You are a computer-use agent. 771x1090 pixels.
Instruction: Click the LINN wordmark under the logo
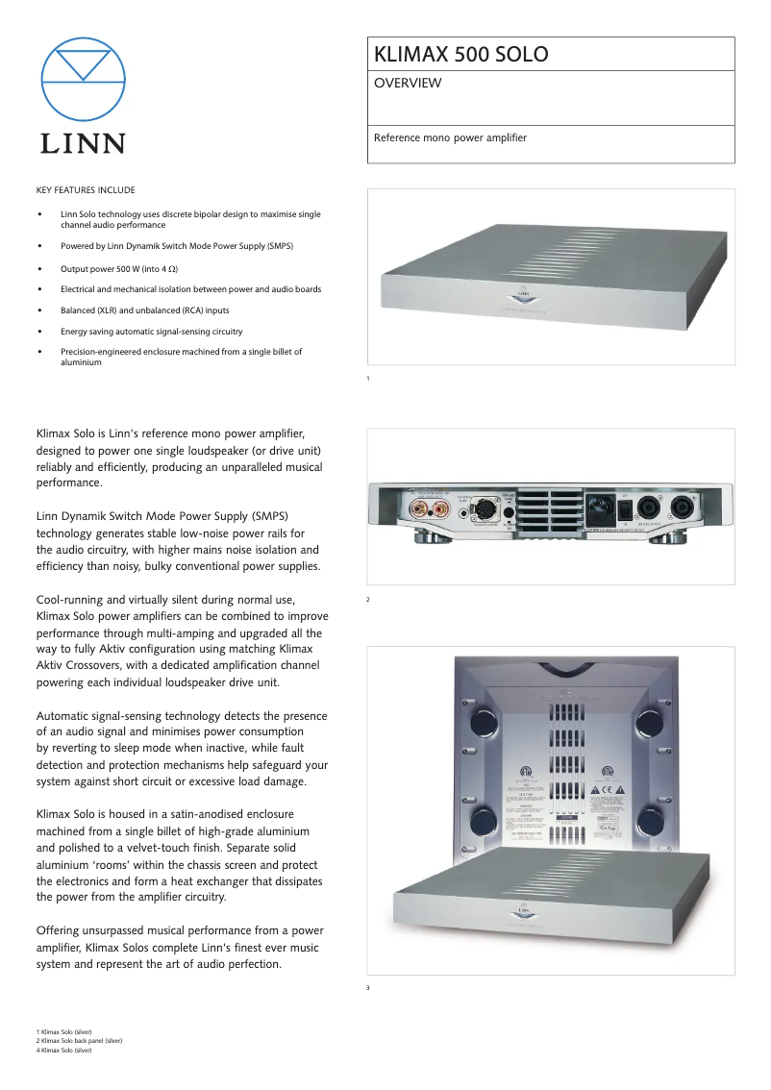pyautogui.click(x=83, y=144)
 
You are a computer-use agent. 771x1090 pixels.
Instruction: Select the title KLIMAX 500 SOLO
pyautogui.click(x=461, y=55)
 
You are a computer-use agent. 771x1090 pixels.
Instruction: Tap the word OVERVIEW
pyautogui.click(x=408, y=84)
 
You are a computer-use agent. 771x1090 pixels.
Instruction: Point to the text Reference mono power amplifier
pyautogui.click(x=450, y=137)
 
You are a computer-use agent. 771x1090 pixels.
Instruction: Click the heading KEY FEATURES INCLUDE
pyautogui.click(x=86, y=190)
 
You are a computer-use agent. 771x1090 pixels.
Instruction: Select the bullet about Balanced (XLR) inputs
pyautogui.click(x=144, y=310)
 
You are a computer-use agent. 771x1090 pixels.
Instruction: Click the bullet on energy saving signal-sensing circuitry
pyautogui.click(x=151, y=332)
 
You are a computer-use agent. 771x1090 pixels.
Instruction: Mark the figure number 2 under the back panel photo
pyautogui.click(x=368, y=600)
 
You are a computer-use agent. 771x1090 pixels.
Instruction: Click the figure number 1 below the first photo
pyautogui.click(x=368, y=379)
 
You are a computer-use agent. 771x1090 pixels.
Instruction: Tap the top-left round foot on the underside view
pyautogui.click(x=485, y=721)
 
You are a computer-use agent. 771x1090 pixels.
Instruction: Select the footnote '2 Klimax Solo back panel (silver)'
pyautogui.click(x=80, y=1041)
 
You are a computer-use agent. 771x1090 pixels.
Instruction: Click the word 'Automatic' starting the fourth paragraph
pyautogui.click(x=63, y=716)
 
